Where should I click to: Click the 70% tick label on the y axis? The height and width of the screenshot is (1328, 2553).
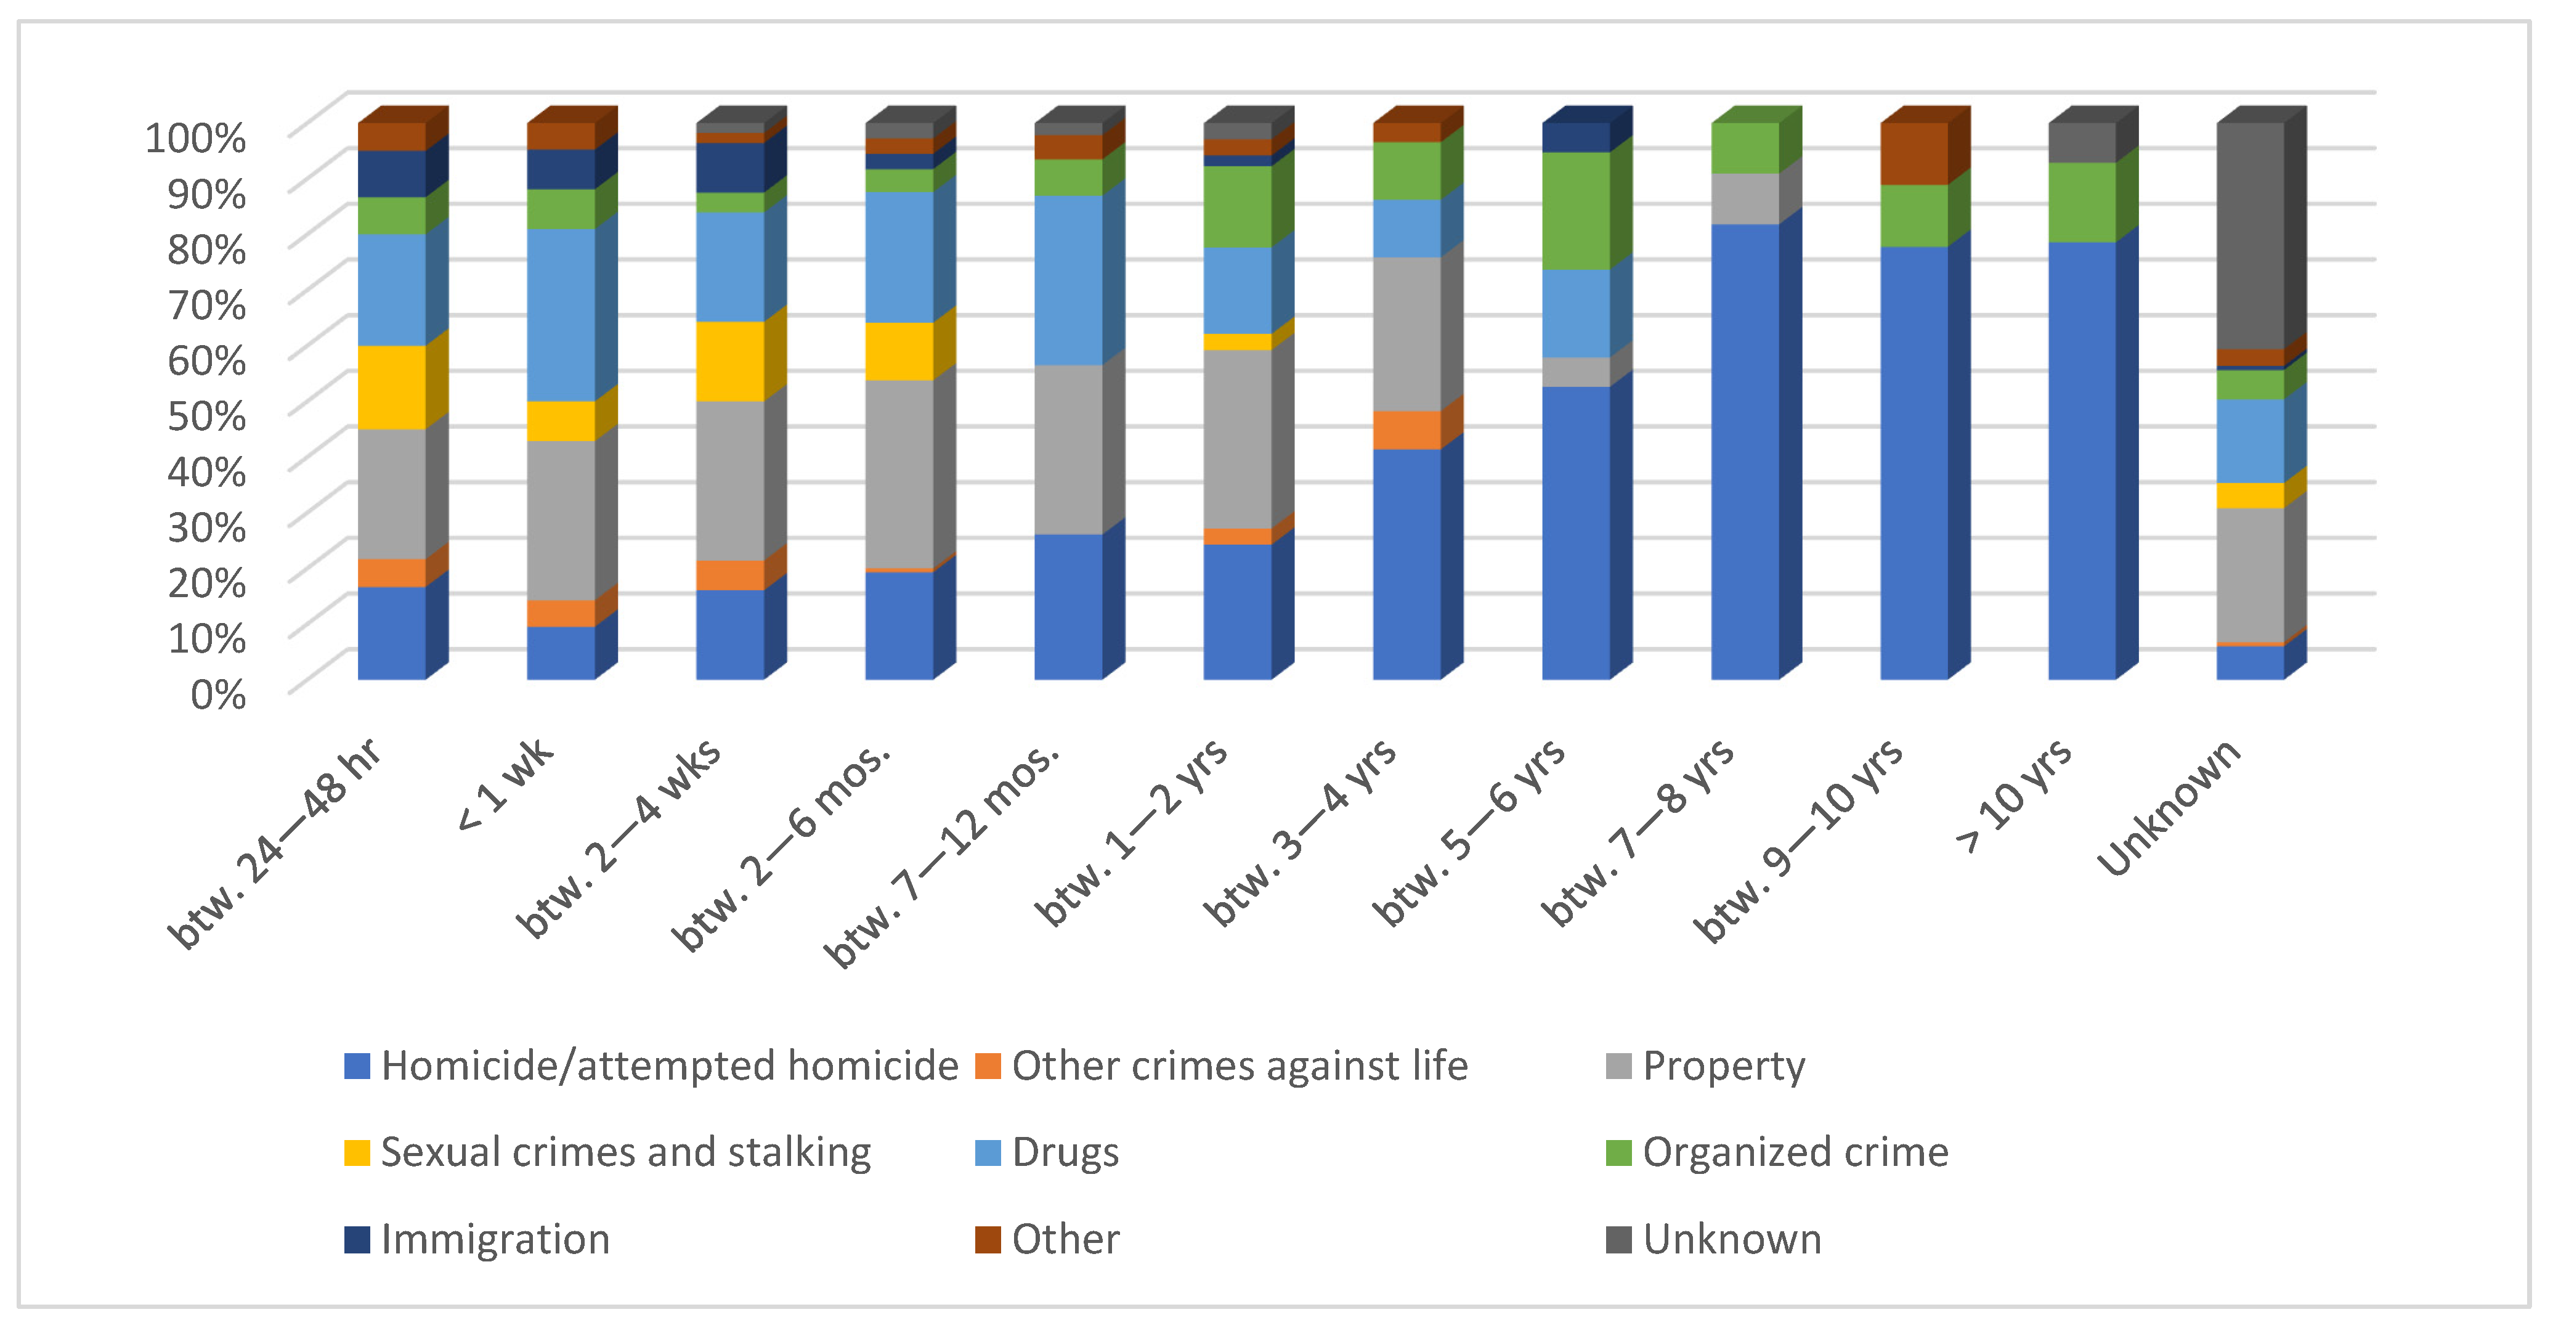click(206, 304)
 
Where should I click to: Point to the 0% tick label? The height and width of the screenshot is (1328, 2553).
click(218, 695)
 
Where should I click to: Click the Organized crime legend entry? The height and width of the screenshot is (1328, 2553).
click(1795, 1152)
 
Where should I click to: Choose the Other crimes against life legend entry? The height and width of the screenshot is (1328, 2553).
click(1239, 1066)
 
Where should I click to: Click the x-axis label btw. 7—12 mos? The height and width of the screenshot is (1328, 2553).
click(946, 852)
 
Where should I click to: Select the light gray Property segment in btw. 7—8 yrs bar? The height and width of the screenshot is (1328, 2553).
click(1744, 199)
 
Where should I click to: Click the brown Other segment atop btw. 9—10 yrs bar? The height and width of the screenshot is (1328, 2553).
click(1914, 153)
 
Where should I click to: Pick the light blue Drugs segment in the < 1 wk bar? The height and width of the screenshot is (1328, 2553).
click(560, 315)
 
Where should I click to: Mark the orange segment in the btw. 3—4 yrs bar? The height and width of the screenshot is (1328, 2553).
click(1406, 430)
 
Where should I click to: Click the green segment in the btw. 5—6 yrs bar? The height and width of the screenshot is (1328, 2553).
click(1576, 210)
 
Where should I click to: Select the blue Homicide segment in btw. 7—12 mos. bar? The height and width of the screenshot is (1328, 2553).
click(1068, 606)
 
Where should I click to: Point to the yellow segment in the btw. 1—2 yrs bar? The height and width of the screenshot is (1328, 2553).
click(1237, 342)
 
